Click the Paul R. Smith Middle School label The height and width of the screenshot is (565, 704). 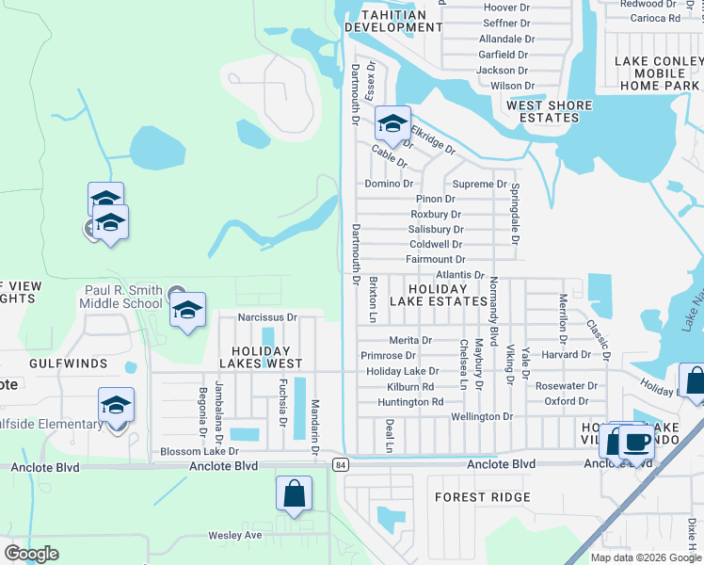124,297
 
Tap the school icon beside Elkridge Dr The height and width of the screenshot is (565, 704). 393,124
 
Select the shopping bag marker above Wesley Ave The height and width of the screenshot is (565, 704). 294,492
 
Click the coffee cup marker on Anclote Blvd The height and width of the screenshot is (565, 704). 636,442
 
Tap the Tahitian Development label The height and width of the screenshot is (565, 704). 392,19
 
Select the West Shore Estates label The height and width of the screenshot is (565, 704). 550,111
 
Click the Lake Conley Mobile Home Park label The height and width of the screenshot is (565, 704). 659,73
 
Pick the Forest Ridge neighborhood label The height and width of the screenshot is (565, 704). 482,496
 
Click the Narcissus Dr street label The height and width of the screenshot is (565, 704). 266,317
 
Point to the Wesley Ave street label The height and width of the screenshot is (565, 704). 234,535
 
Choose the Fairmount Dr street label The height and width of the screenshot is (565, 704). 435,259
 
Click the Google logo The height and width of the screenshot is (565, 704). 32,554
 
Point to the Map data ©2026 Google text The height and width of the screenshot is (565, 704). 645,557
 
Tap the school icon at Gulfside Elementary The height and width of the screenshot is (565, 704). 116,406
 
